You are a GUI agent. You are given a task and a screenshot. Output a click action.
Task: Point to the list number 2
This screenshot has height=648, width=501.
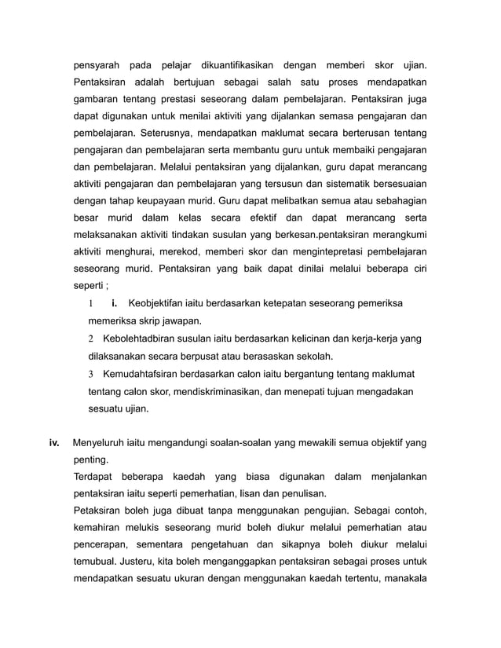point(91,339)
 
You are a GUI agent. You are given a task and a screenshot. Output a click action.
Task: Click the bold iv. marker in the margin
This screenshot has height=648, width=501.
point(54,443)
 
